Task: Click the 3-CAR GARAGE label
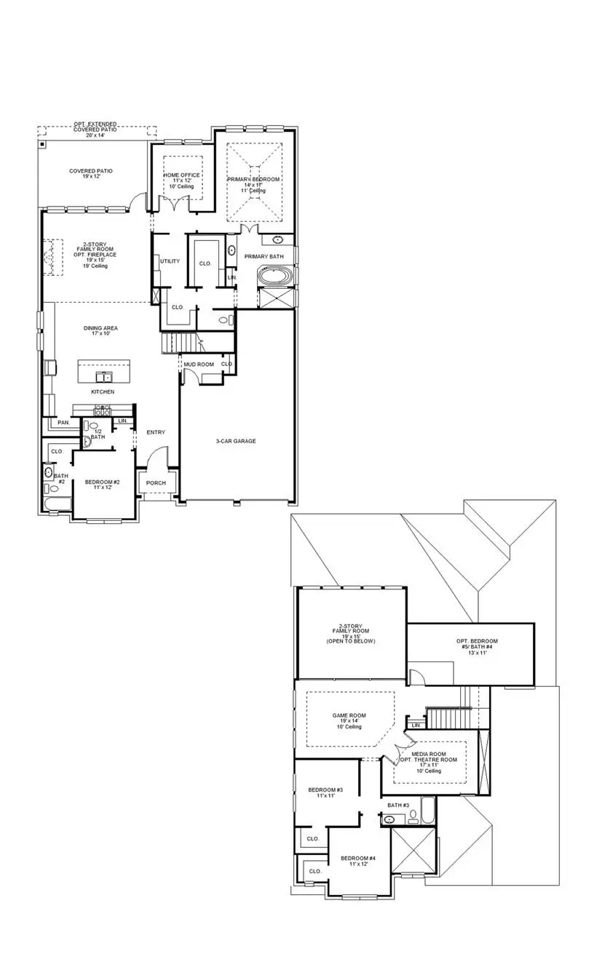coord(236,441)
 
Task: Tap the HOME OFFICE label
coord(181,175)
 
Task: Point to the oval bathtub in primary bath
coord(276,277)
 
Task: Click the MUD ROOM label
coord(198,364)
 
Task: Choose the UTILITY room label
coord(170,261)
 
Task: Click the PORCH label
coord(156,483)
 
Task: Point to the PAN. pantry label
coord(63,422)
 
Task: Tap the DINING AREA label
coord(100,328)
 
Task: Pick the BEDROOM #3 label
coord(325,790)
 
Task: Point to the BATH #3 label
coord(398,805)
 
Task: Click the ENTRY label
coord(156,432)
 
